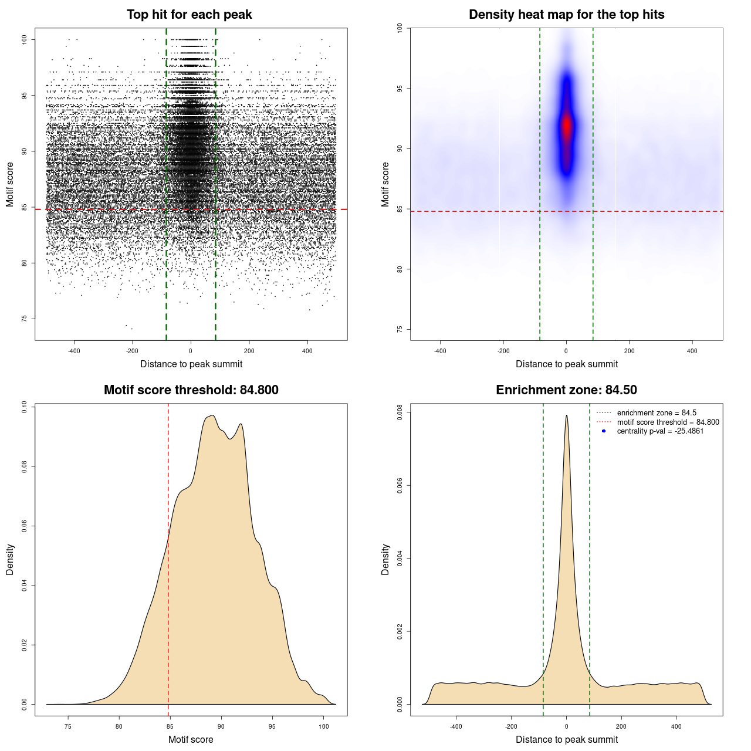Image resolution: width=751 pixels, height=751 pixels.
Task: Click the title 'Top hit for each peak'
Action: [x=189, y=15]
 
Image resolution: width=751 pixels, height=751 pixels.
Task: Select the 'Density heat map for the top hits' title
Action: [x=566, y=15]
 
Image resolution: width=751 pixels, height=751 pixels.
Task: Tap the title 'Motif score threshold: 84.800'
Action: [x=191, y=390]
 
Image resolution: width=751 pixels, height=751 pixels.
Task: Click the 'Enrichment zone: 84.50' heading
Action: [x=566, y=390]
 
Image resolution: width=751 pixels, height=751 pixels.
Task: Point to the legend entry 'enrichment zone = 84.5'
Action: [x=657, y=413]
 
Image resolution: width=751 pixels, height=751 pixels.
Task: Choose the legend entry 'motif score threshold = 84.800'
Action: [x=668, y=422]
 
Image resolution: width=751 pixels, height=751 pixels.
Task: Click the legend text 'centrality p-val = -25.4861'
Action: [x=660, y=431]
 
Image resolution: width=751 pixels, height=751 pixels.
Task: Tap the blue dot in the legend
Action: [x=604, y=431]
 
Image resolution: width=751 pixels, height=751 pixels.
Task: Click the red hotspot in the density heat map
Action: [x=566, y=125]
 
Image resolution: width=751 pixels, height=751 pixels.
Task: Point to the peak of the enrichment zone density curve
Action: [x=566, y=415]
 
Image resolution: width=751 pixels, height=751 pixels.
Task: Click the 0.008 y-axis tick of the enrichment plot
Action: [x=400, y=412]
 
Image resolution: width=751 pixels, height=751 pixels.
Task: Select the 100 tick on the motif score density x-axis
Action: [x=324, y=726]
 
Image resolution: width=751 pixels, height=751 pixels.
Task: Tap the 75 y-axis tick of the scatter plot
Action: [x=24, y=319]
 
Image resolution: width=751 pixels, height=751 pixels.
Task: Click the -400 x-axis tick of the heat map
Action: [x=440, y=351]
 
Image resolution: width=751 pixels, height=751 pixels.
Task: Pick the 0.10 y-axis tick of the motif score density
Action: [x=24, y=407]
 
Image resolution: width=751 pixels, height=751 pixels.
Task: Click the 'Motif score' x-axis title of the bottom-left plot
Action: [x=191, y=739]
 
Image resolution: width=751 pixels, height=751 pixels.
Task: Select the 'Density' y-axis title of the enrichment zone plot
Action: [x=385, y=559]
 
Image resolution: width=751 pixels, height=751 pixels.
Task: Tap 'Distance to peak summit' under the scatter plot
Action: [x=191, y=364]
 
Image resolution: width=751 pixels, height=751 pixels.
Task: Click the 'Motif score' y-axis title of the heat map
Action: [x=385, y=184]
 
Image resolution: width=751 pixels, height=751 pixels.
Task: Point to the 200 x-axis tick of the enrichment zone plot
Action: [x=621, y=726]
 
